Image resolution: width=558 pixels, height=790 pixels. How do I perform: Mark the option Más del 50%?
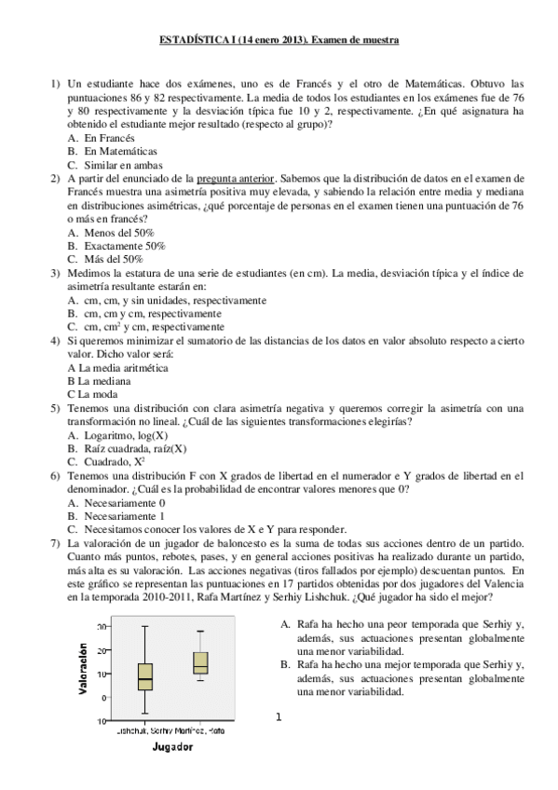click(113, 259)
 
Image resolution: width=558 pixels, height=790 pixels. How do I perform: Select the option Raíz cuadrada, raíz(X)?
click(134, 448)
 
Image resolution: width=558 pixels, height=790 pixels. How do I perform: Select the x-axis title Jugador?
click(172, 747)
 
